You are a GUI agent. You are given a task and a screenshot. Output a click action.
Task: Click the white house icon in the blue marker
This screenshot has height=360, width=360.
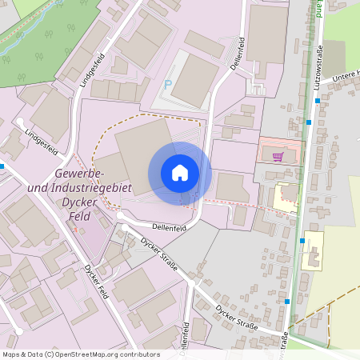tap(179, 173)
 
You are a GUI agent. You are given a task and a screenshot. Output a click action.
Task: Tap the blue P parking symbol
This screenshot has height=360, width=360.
tap(167, 84)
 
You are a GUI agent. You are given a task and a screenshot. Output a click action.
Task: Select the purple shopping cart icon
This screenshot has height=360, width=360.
tap(278, 157)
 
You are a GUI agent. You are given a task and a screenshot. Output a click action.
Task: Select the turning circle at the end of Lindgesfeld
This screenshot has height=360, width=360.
tap(18, 122)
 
